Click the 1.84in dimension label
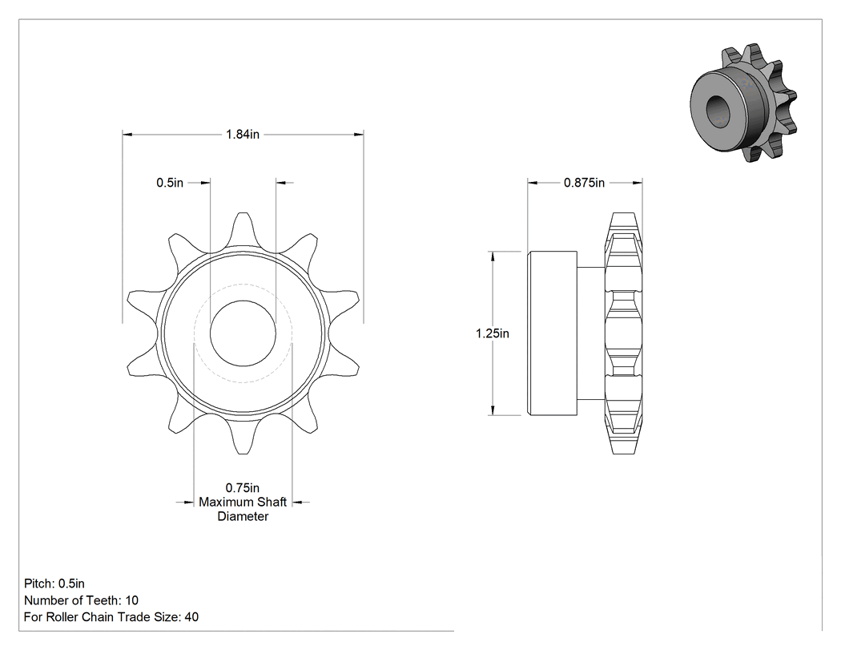click(243, 134)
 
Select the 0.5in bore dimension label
click(170, 183)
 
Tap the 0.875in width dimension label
click(584, 183)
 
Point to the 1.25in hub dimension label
click(493, 333)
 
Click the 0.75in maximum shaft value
click(243, 488)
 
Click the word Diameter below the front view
click(243, 516)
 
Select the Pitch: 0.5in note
click(54, 583)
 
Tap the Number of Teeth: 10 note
click(81, 600)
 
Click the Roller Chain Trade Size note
click(111, 617)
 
